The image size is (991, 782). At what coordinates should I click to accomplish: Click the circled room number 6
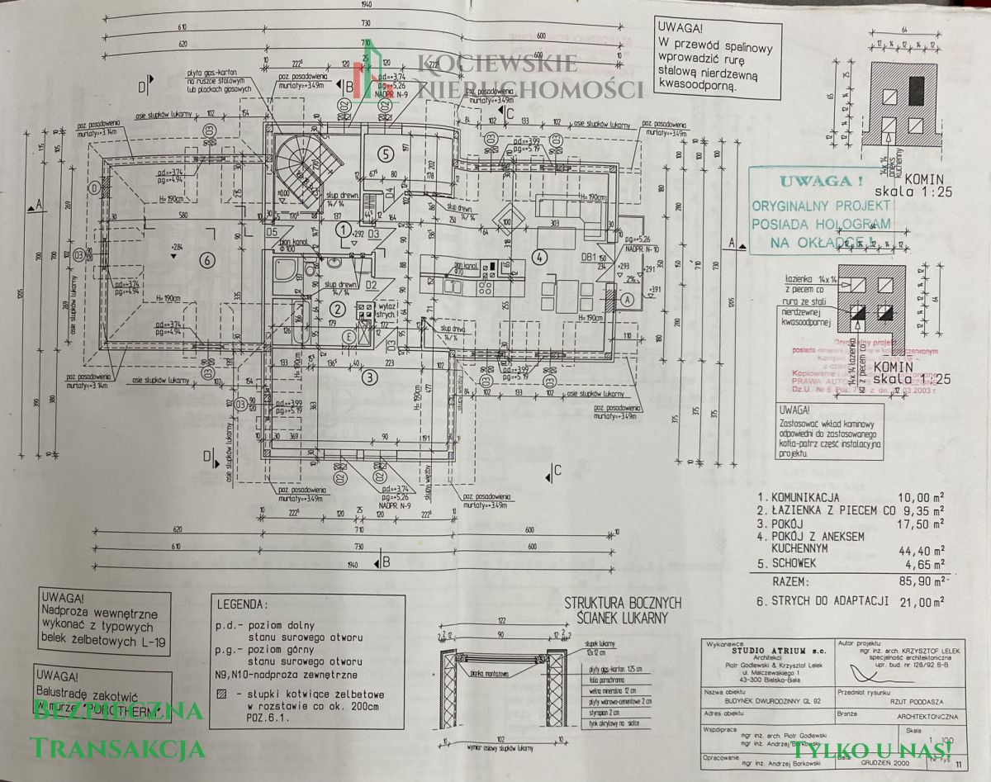click(x=206, y=259)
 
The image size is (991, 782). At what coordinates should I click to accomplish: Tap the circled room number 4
click(x=540, y=257)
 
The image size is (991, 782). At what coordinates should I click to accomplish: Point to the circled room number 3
click(x=370, y=377)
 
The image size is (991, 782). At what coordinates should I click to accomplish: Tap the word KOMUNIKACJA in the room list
click(x=805, y=498)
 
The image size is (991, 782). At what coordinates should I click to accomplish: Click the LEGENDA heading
click(x=241, y=604)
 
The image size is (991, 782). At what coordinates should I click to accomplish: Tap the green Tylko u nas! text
click(x=873, y=750)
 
